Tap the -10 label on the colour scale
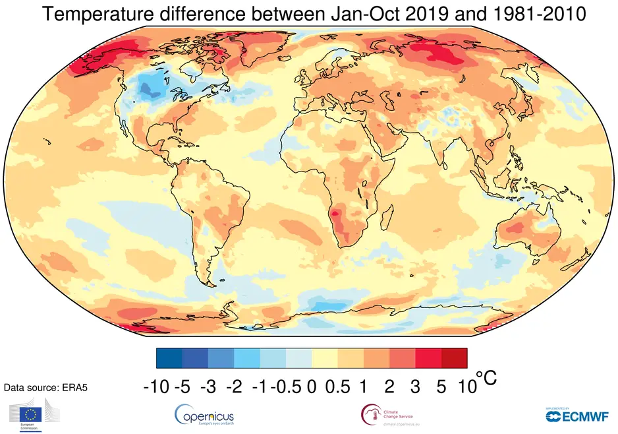tap(156, 387)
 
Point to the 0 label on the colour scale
tap(312, 387)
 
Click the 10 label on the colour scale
tap(466, 387)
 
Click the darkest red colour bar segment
tap(454, 358)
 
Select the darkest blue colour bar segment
tap(169, 358)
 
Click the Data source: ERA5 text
tap(45, 388)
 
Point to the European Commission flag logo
tap(31, 414)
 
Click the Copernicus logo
tap(204, 416)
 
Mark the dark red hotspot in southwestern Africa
tap(338, 213)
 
